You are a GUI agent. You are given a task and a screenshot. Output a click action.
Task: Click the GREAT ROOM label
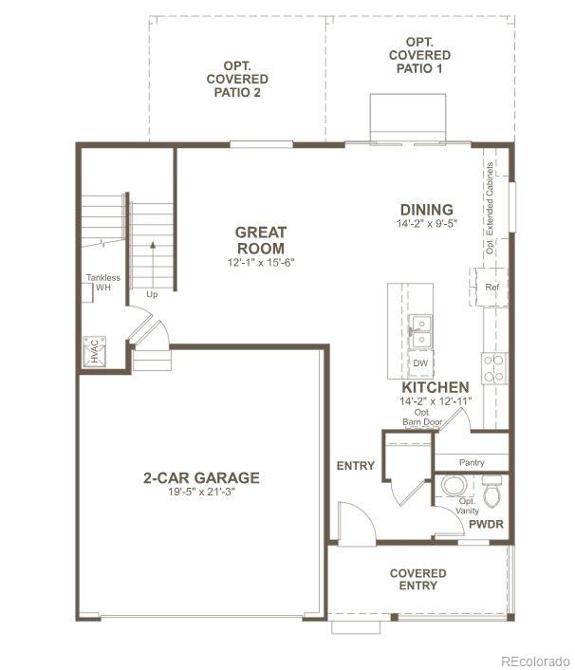pyautogui.click(x=261, y=240)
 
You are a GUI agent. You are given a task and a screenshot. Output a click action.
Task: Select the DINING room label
pyautogui.click(x=426, y=210)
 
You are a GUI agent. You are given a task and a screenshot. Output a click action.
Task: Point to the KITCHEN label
pyautogui.click(x=435, y=387)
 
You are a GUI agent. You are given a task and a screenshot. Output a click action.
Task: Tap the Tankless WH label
pyautogui.click(x=103, y=282)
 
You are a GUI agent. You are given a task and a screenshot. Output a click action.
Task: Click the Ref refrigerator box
pyautogui.click(x=492, y=287)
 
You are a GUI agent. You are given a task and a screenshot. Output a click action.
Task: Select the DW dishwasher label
pyautogui.click(x=419, y=363)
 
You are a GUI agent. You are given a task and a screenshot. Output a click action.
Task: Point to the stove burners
pyautogui.click(x=493, y=366)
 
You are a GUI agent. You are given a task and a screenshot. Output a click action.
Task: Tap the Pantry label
pyautogui.click(x=472, y=462)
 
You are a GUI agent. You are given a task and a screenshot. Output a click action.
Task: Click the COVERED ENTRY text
pyautogui.click(x=418, y=579)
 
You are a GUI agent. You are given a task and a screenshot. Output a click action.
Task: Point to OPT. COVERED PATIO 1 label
pyautogui.click(x=419, y=56)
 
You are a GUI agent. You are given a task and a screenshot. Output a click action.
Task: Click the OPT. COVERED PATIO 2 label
pyautogui.click(x=237, y=79)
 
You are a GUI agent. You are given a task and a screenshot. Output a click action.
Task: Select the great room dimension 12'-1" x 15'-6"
pyautogui.click(x=261, y=262)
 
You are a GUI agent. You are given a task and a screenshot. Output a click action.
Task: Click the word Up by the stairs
pyautogui.click(x=151, y=294)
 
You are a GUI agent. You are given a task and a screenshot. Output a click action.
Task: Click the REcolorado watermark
pyautogui.click(x=535, y=661)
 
